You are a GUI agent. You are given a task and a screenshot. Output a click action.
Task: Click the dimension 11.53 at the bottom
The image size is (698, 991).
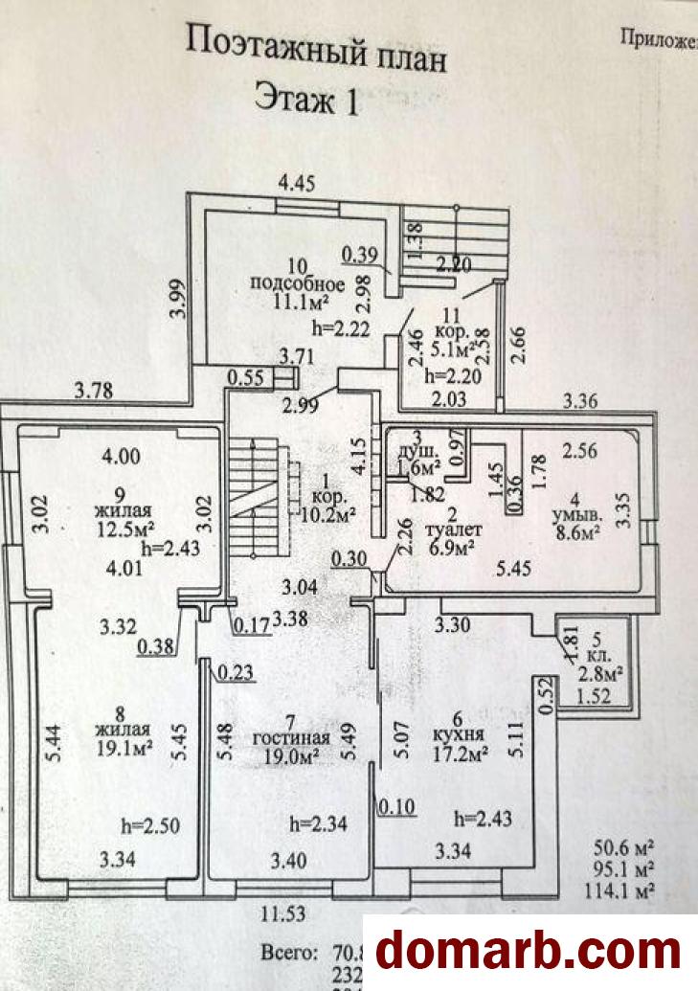[285, 913]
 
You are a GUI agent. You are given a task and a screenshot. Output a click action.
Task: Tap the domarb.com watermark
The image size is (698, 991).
[529, 951]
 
